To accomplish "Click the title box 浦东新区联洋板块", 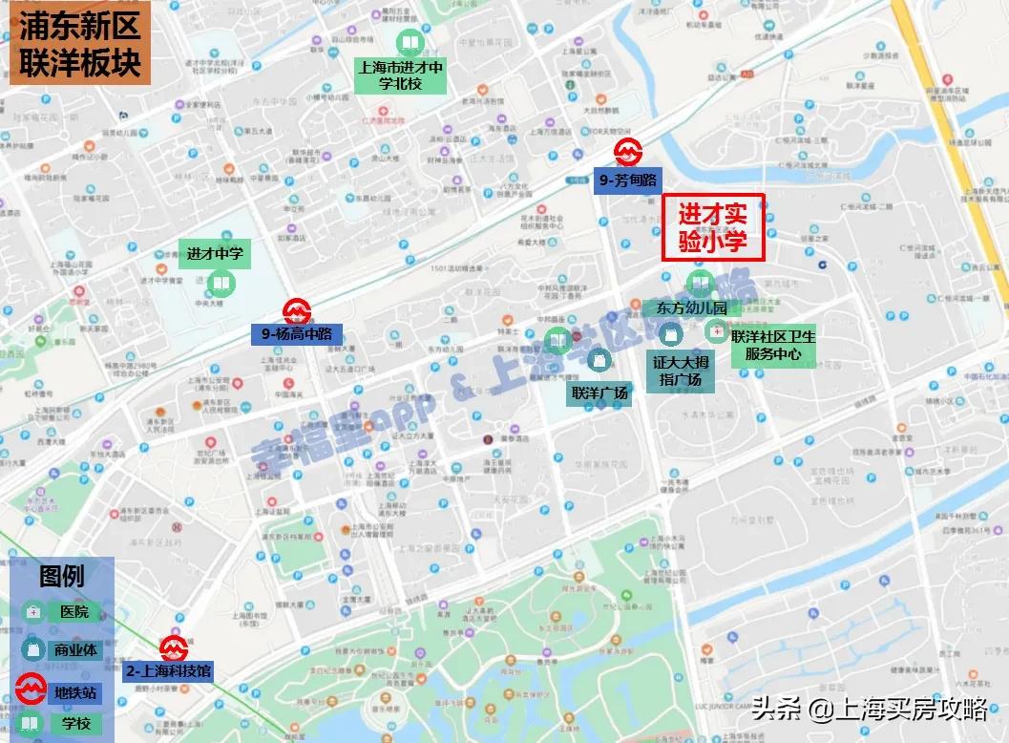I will (x=80, y=44).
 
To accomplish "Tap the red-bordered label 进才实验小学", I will (x=714, y=228).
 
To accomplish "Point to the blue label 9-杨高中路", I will (x=297, y=334).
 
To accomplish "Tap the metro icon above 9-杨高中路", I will (x=297, y=310).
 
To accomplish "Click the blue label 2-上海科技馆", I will (x=168, y=671).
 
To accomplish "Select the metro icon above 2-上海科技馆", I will (x=173, y=648).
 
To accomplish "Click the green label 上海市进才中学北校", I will (x=401, y=75).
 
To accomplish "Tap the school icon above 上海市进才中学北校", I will (x=409, y=42).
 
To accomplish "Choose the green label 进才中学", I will (x=215, y=254).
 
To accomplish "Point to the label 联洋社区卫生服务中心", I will (x=773, y=346).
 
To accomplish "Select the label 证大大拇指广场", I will (x=682, y=371).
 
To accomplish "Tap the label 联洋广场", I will (x=599, y=393).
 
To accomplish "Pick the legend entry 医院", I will (x=73, y=611).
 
